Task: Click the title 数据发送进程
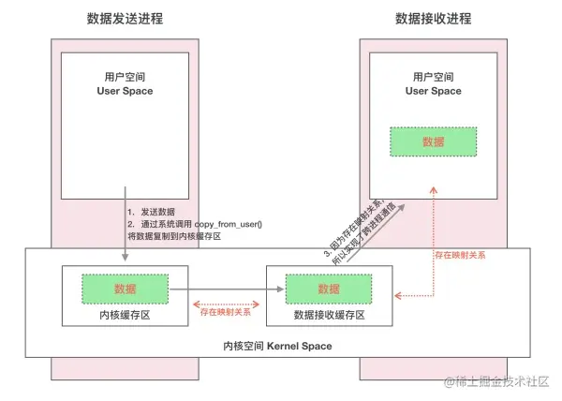(x=125, y=19)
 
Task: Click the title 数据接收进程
(x=433, y=19)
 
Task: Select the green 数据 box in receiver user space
(x=433, y=141)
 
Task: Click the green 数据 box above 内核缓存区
(x=125, y=289)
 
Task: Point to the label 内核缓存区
(x=125, y=316)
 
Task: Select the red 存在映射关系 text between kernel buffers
(x=227, y=313)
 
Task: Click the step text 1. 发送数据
(x=152, y=213)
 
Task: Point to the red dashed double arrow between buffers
(x=227, y=303)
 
